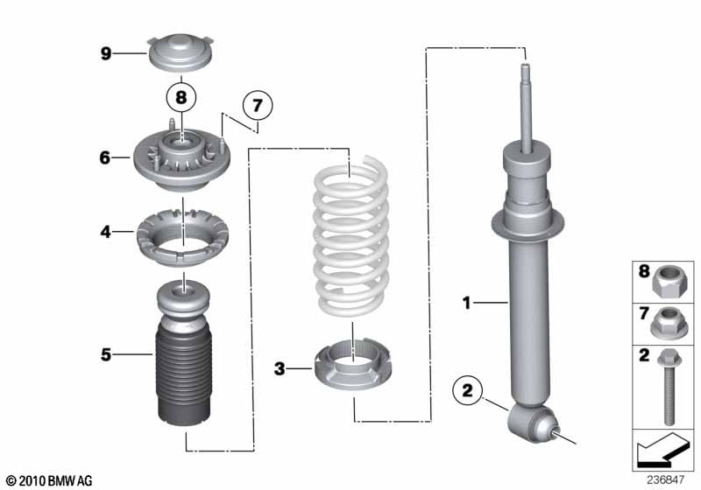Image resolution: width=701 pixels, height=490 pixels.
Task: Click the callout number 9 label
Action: pyautogui.click(x=105, y=54)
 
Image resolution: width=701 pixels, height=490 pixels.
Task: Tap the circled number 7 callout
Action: pyautogui.click(x=257, y=106)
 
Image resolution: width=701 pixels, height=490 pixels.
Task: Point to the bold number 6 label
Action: pyautogui.click(x=105, y=158)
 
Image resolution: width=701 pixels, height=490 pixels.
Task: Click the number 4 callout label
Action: pyautogui.click(x=105, y=233)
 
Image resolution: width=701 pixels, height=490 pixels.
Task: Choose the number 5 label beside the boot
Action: pyautogui.click(x=105, y=354)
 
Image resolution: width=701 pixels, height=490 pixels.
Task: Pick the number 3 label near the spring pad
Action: pyautogui.click(x=280, y=369)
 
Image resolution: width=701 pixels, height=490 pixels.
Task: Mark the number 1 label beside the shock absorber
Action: pyautogui.click(x=468, y=304)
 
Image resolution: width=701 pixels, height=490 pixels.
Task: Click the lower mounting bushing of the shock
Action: pyautogui.click(x=531, y=423)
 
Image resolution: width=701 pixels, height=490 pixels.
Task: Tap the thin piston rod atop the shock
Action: pyautogui.click(x=527, y=109)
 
